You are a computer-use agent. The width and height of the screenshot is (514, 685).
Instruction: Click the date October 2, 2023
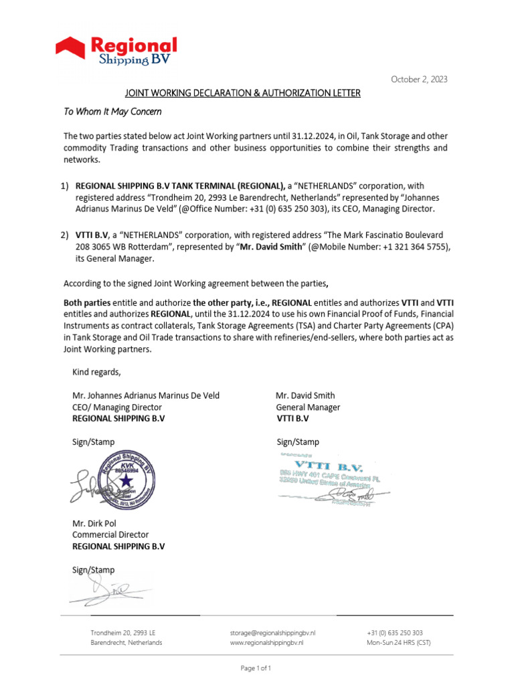[x=419, y=80]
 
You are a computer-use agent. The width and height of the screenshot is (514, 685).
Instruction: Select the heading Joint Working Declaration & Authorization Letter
[x=243, y=93]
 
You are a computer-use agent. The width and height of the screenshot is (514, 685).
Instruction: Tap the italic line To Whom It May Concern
[x=112, y=112]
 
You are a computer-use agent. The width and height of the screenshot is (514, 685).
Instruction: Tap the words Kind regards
[x=97, y=372]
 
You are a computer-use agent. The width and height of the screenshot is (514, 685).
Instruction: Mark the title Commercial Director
[x=110, y=534]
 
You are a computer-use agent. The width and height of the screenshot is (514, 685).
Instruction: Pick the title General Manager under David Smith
[x=308, y=407]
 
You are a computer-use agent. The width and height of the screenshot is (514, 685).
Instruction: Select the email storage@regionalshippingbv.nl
[x=272, y=632]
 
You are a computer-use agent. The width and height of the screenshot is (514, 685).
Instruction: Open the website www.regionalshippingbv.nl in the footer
[x=266, y=642]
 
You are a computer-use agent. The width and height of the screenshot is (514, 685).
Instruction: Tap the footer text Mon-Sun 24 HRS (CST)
[x=399, y=642]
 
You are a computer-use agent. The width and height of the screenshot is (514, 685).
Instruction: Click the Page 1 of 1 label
[x=256, y=668]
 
